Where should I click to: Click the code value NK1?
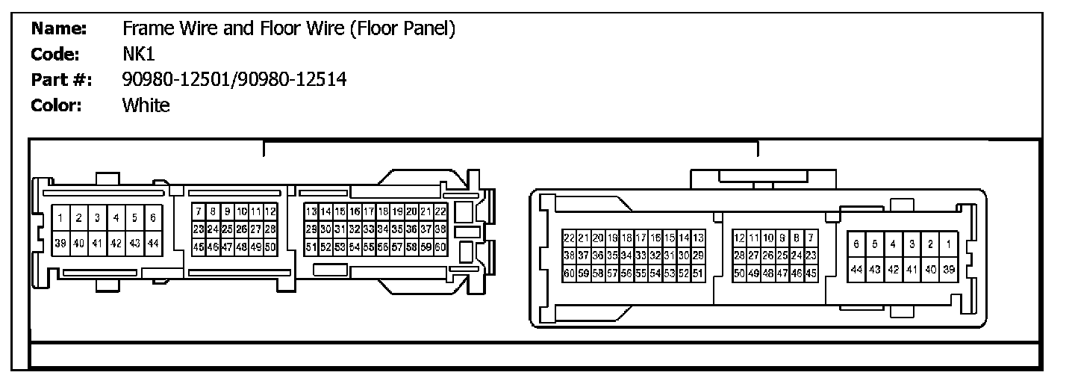(139, 55)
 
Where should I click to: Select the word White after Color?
(146, 105)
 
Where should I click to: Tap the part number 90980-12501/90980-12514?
(234, 80)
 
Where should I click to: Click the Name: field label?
(60, 29)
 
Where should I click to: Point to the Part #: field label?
(61, 80)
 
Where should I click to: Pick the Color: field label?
(56, 105)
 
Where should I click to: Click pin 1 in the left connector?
(60, 218)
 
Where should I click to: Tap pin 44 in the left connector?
(153, 243)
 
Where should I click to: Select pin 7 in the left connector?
(199, 212)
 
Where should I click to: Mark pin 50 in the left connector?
(270, 246)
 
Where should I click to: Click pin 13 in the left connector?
(311, 212)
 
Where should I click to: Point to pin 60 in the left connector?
(440, 246)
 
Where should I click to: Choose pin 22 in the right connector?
(569, 238)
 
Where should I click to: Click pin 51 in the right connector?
(698, 273)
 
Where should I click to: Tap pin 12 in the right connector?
(739, 238)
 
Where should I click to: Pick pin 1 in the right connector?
(949, 244)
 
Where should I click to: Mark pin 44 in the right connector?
(856, 269)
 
